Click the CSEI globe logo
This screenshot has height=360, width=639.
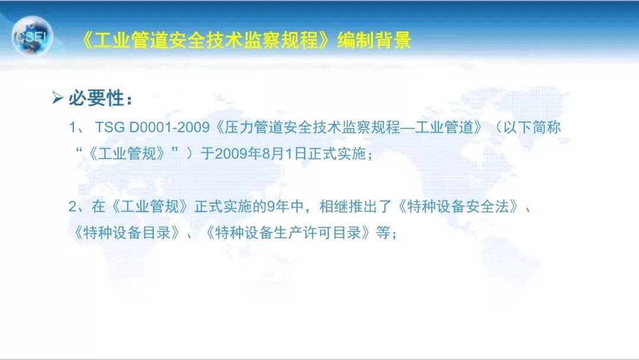click(33, 37)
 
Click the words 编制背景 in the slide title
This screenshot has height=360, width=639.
click(374, 40)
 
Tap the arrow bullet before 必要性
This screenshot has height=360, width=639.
click(57, 98)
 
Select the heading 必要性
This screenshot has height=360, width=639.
click(97, 98)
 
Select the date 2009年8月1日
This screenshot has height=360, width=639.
click(257, 154)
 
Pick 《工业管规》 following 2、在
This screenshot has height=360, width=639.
click(148, 207)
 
